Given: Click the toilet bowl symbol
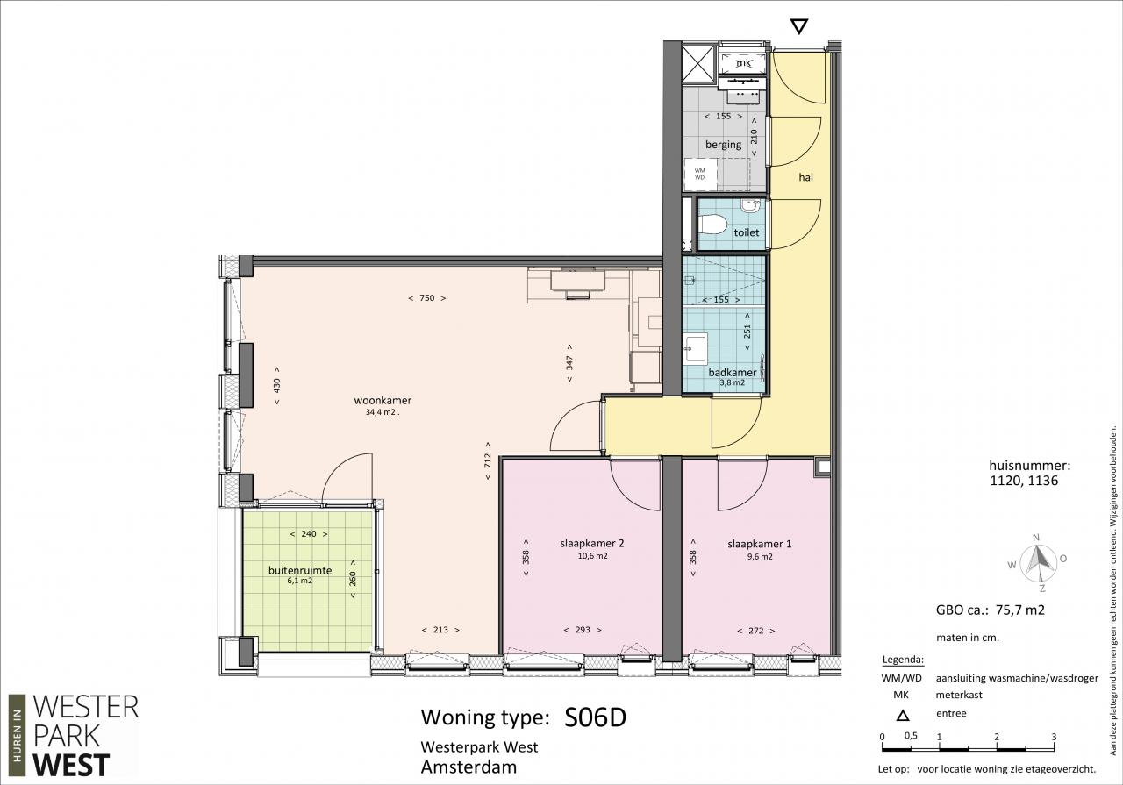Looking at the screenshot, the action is [712, 224].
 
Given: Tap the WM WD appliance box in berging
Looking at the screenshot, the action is [700, 174].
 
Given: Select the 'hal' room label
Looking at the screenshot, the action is [805, 177].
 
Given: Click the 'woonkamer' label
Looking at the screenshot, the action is [383, 400].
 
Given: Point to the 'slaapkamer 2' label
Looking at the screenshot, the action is [591, 544].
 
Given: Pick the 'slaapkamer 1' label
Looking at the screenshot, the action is [759, 544].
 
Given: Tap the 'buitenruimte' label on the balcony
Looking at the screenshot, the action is [300, 570].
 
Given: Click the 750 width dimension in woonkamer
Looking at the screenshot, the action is [426, 297].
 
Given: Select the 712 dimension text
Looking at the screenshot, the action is [487, 461].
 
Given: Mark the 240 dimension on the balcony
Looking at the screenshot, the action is [309, 534].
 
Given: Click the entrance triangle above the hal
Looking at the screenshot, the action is [798, 26].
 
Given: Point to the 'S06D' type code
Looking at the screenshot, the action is [595, 717].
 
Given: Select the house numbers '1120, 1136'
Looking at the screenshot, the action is [1024, 481].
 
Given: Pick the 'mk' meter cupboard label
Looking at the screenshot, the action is [744, 63].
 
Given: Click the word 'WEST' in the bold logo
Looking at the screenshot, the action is [71, 766].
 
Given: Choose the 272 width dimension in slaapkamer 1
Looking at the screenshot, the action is [756, 631].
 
